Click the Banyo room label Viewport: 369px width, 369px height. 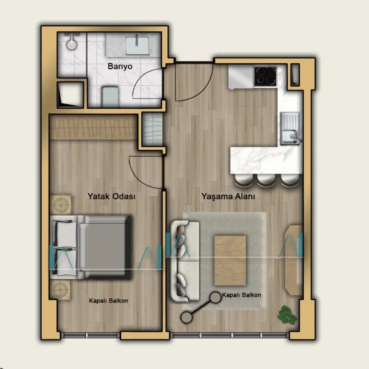120,66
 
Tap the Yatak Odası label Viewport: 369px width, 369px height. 112,196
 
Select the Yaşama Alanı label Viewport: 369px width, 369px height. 228,196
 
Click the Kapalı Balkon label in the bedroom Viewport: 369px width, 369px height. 108,301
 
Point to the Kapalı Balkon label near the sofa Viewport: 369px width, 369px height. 241,295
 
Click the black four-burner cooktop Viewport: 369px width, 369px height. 266,77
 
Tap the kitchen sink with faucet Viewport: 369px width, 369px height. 290,129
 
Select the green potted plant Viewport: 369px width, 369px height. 287,315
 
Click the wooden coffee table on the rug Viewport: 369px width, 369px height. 230,261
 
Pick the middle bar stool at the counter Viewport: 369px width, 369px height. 266,179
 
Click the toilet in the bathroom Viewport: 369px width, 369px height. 110,97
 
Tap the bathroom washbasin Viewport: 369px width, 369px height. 137,45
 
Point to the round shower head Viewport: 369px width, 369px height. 71,44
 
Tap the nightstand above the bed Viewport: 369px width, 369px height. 60,205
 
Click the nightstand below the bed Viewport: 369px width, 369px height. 60,290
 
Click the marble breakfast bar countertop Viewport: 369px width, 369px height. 266,160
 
